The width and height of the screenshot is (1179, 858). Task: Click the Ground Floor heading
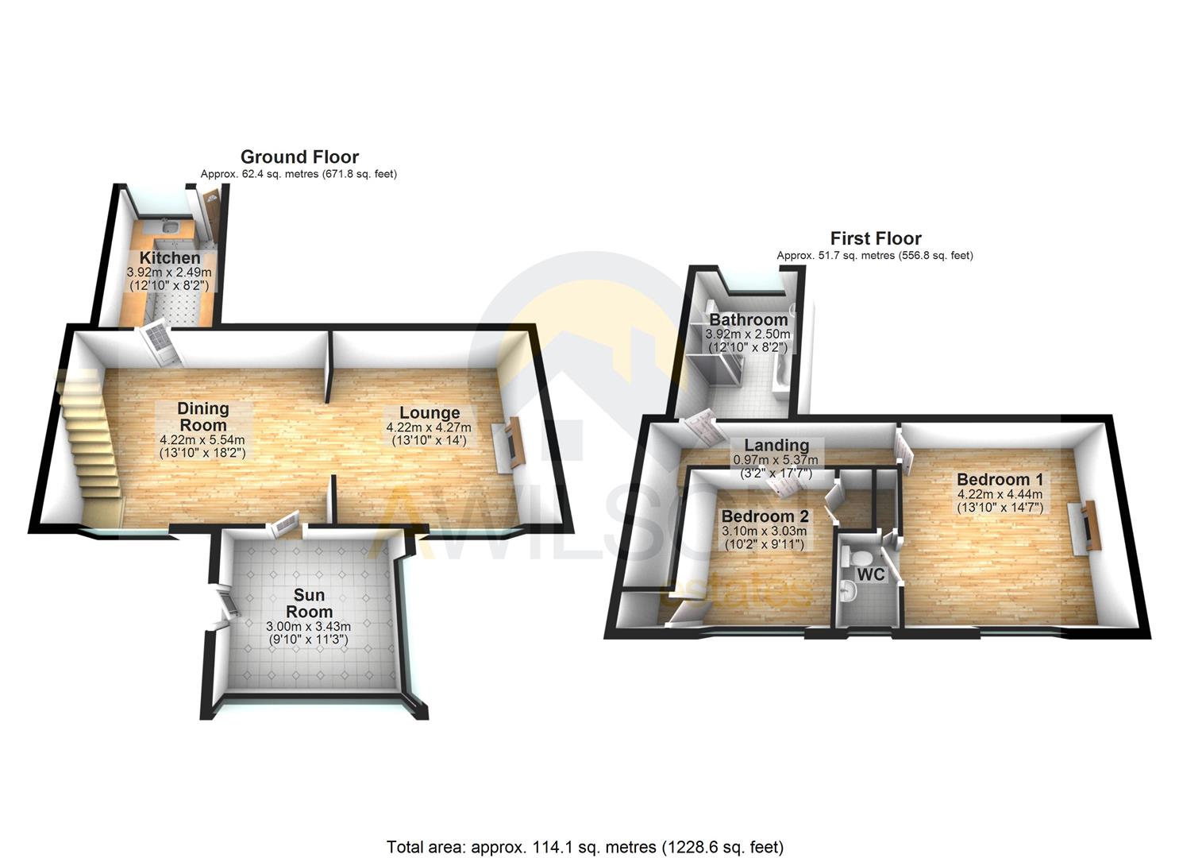[x=299, y=157]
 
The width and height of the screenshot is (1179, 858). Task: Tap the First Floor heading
[x=875, y=238]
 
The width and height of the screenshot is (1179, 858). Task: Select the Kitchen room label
[x=170, y=258]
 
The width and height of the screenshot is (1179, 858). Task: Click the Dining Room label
[x=202, y=416]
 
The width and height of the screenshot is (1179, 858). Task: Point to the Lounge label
[x=430, y=413]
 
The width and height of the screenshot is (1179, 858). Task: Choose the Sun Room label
[x=309, y=604]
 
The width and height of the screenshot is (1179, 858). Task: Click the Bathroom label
[x=748, y=320]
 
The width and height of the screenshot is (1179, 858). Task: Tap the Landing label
[x=776, y=446]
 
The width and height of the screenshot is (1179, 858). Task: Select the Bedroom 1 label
[x=1000, y=480]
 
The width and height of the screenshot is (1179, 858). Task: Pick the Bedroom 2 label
[x=764, y=516]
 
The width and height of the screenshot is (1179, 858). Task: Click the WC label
[x=870, y=574]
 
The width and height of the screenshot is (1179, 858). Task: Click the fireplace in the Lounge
[x=513, y=443]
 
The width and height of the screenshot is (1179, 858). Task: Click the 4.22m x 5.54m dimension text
[x=202, y=439]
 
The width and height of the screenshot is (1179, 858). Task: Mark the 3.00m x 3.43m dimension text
[x=309, y=627]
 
